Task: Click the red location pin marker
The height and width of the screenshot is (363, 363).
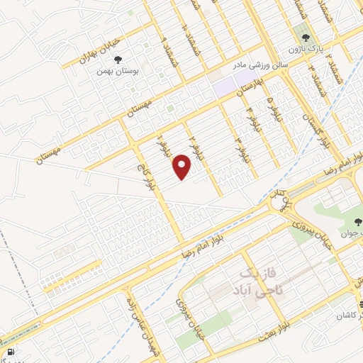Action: point(183,168)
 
